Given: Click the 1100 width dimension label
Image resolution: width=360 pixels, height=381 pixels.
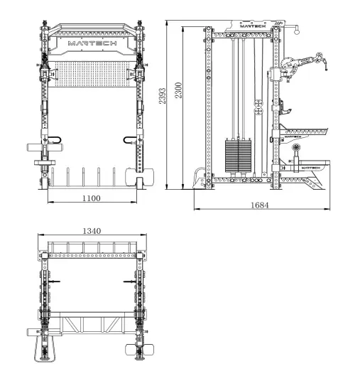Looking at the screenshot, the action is tap(92, 198).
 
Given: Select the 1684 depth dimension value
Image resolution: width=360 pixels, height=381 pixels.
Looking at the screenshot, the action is tap(259, 205).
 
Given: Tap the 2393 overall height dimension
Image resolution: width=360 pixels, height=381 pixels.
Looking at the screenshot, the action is tap(163, 96).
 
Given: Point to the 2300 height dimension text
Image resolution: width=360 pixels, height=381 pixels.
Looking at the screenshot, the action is tap(178, 90).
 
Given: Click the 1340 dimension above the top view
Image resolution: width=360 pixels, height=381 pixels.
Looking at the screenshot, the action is tap(92, 231).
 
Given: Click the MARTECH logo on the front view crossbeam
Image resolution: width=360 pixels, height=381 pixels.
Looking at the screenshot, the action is tap(92, 43).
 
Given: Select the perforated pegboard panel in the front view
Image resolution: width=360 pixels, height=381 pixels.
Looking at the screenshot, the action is tap(92, 74).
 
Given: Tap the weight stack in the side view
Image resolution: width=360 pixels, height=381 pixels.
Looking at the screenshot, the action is tap(238, 156).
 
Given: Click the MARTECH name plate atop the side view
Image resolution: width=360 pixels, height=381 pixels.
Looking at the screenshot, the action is tap(253, 26).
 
